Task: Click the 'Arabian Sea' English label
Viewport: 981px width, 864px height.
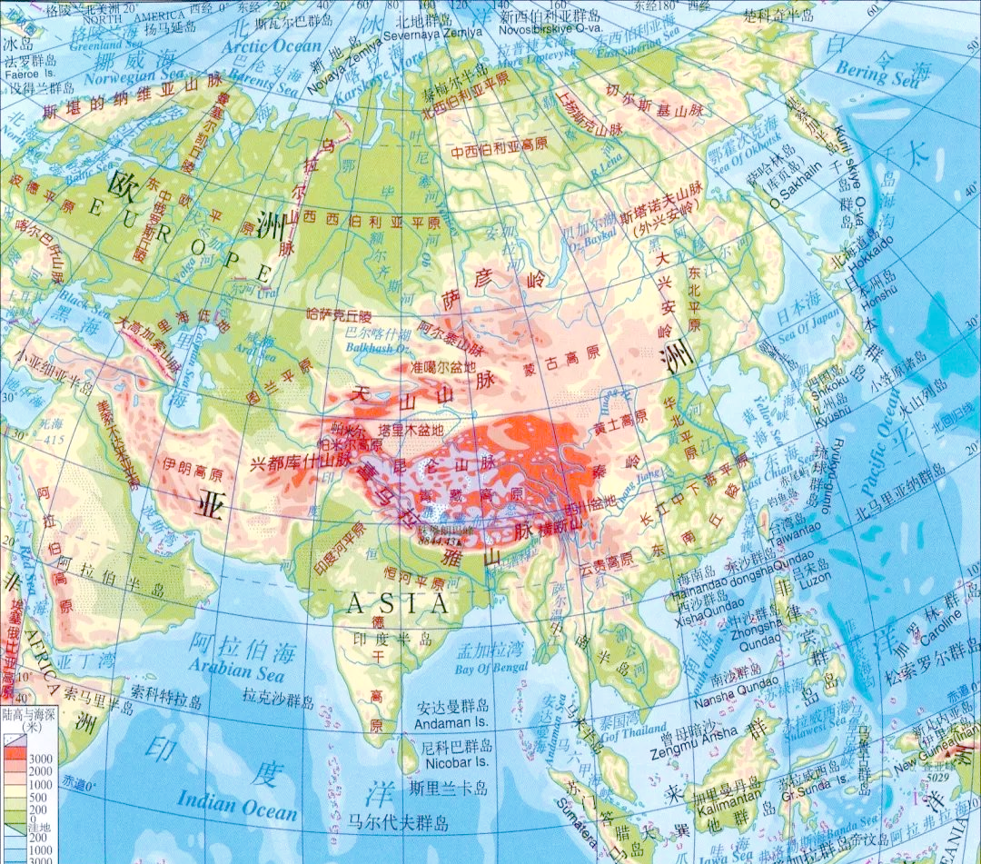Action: point(237,669)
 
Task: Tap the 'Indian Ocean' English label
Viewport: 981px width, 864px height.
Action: point(236,803)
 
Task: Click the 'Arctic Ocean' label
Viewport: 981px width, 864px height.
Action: point(273,45)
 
